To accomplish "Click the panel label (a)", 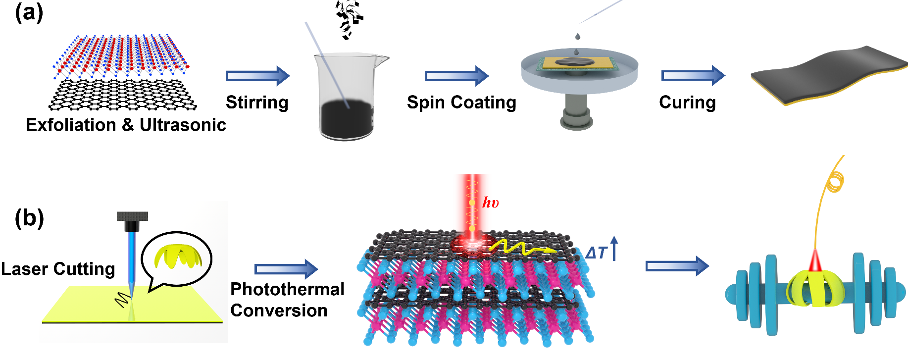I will [x=29, y=13].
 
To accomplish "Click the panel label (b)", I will [x=29, y=218].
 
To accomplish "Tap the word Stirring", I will [x=257, y=103].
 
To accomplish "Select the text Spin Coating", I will [x=461, y=103].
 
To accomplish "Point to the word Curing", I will [x=687, y=103].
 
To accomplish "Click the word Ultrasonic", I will [x=183, y=125].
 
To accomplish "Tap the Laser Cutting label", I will [x=58, y=269].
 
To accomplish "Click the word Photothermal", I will [x=287, y=289].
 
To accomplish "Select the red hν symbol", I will [x=490, y=203].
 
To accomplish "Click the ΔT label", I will [x=596, y=253].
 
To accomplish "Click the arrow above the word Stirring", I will [x=257, y=76].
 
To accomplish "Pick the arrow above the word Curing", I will [x=693, y=75].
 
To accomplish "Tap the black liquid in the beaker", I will [x=346, y=119].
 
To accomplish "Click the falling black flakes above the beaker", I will [x=349, y=19].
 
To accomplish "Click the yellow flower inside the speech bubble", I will [x=177, y=257].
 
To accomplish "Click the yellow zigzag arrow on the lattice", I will [x=520, y=247].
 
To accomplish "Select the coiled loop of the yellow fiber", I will [x=835, y=181].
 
